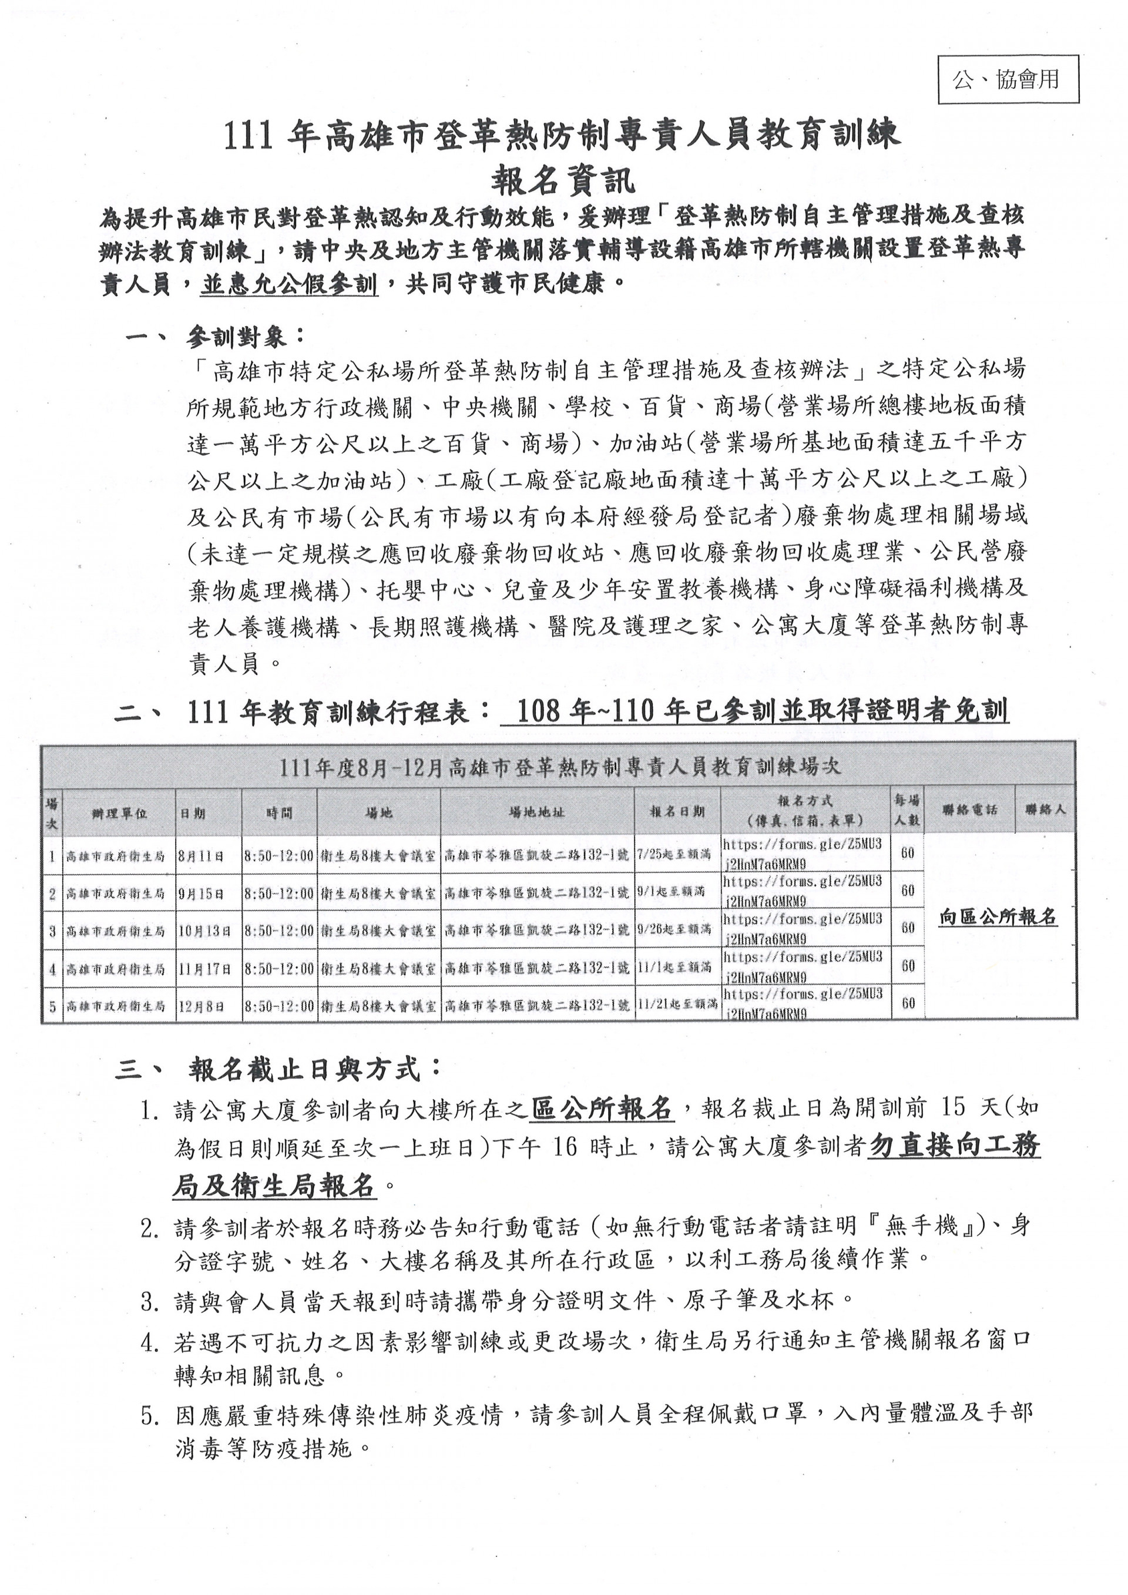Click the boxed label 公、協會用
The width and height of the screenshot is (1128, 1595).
(1009, 80)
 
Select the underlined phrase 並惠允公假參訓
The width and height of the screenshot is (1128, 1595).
(289, 285)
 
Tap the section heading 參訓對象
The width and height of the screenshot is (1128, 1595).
(237, 338)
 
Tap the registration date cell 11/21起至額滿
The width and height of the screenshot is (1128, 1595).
(677, 1004)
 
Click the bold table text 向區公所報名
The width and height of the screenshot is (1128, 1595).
(998, 918)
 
